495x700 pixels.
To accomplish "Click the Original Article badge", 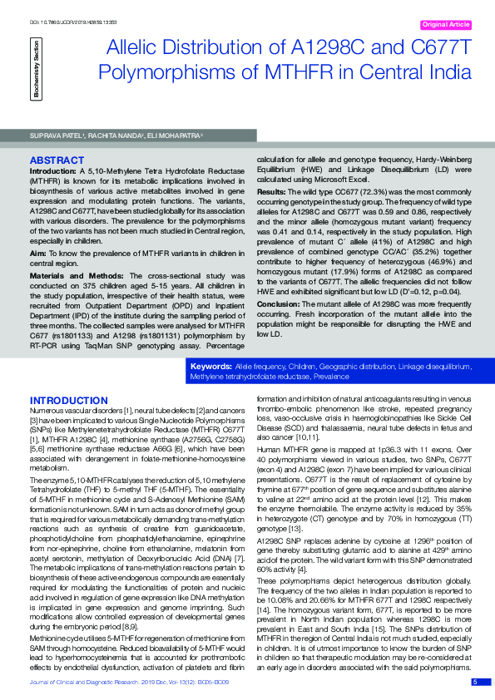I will pos(448,26).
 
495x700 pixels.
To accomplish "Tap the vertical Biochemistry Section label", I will pos(36,71).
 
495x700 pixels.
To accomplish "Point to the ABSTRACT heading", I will pos(56,159).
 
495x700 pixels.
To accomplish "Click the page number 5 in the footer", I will pos(475,683).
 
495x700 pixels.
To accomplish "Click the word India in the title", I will pos(446,71).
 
